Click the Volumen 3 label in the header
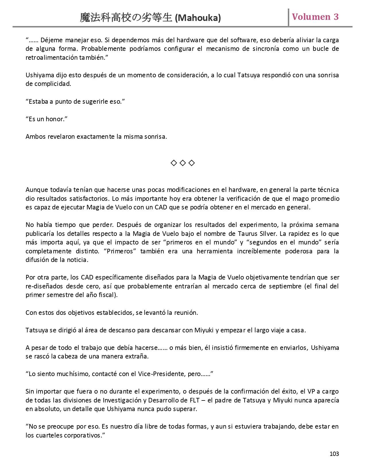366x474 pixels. [315, 17]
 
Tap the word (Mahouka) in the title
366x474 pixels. [198, 18]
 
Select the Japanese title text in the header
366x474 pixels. [126, 18]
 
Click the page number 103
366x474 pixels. [334, 454]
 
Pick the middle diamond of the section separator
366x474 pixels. [183, 163]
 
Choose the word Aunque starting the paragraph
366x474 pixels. [36, 190]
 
